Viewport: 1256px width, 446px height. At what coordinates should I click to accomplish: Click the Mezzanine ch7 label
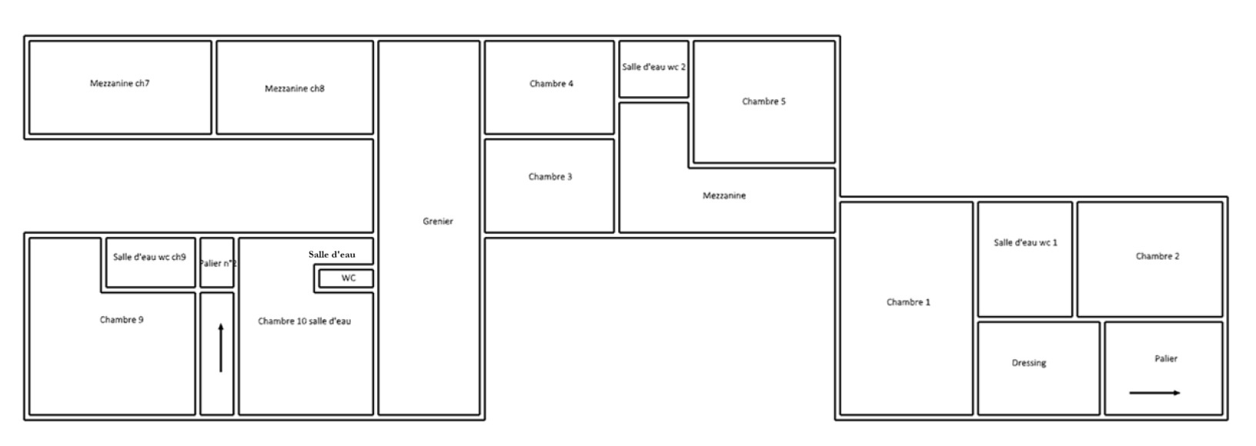click(119, 84)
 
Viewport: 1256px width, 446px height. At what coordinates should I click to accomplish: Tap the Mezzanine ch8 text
click(294, 88)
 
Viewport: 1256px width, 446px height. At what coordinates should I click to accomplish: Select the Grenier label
click(438, 221)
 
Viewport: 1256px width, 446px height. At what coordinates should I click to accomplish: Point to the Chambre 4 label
click(551, 84)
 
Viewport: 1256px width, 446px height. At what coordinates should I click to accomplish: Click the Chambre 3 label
click(550, 177)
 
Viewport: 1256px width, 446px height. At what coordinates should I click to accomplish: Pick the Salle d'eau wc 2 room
click(654, 69)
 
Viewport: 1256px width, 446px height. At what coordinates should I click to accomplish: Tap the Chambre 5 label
click(763, 102)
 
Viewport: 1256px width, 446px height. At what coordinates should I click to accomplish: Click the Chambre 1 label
click(908, 302)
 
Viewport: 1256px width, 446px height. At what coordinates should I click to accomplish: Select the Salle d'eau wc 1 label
click(1026, 243)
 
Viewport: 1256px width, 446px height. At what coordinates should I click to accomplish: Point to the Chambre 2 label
click(1157, 256)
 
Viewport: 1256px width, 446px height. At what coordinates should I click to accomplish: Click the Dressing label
click(1029, 363)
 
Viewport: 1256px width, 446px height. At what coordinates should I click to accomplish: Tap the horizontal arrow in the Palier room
click(1154, 393)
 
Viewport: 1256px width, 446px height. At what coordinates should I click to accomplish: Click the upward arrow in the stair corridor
click(221, 348)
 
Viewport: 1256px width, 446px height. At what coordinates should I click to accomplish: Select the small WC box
click(346, 278)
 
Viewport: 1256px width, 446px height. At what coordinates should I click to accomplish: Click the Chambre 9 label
click(122, 320)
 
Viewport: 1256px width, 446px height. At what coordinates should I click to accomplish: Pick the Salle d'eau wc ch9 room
click(151, 263)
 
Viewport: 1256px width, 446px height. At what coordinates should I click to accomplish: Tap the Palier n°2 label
click(218, 263)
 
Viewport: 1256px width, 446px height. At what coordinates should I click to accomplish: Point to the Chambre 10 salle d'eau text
click(305, 321)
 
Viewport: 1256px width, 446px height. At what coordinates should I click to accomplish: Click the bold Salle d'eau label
click(332, 255)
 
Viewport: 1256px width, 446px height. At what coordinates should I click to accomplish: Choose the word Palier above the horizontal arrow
click(1166, 358)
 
